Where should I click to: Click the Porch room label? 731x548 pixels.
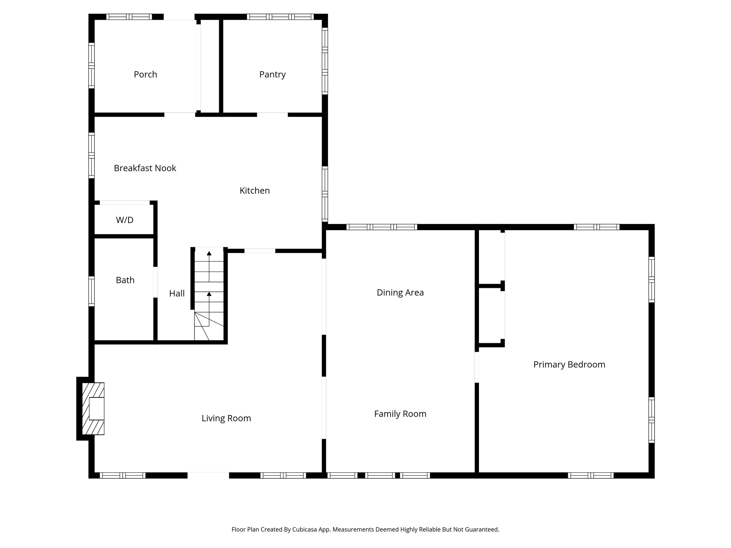coord(145,75)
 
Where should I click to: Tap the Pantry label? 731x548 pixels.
coord(272,75)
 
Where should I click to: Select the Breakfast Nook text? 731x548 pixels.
coord(145,168)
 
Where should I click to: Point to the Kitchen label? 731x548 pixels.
coord(254,191)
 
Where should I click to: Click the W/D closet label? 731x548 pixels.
coord(125,220)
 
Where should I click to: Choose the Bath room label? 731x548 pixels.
coord(125,280)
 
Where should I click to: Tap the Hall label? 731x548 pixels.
coord(177,294)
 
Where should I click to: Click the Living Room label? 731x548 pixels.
coord(226,418)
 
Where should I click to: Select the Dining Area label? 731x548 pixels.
coord(400,293)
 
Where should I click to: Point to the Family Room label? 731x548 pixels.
coord(400,414)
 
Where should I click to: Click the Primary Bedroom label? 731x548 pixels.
coord(569,365)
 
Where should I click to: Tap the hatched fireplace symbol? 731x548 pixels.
coord(93,409)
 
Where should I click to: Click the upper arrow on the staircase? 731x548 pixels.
coord(209,253)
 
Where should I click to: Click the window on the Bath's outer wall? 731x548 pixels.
coord(91,291)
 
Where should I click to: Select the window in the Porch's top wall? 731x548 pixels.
coord(129,17)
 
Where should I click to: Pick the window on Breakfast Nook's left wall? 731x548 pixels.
coord(91,155)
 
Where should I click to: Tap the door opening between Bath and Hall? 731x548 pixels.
coord(155,282)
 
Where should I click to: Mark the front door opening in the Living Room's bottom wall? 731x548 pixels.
coord(208,475)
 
